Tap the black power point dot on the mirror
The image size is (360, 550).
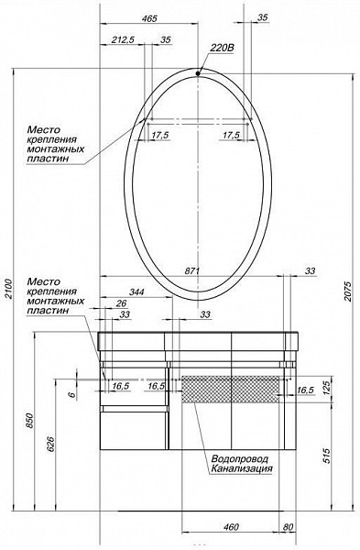pyautogui.click(x=198, y=73)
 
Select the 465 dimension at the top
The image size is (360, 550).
pyautogui.click(x=149, y=18)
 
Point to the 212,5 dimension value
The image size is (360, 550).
pyautogui.click(x=123, y=39)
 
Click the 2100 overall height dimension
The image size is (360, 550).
pyautogui.click(x=9, y=290)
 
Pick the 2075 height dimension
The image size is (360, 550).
pyautogui.click(x=347, y=291)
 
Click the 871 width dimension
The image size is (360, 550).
pyautogui.click(x=192, y=270)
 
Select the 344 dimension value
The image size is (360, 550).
pyautogui.click(x=137, y=291)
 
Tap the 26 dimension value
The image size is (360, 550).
pyautogui.click(x=121, y=303)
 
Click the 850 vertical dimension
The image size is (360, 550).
pyautogui.click(x=29, y=421)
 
